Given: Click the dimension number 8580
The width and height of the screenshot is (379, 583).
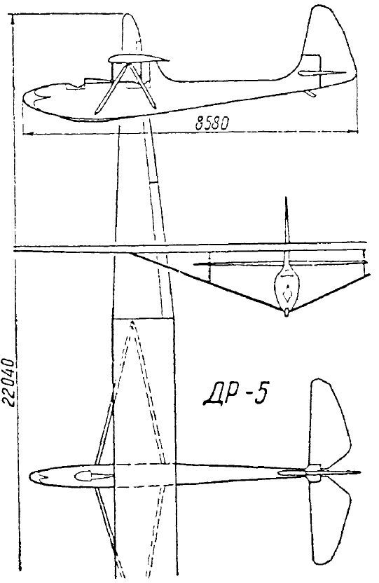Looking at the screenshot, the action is coord(212,123).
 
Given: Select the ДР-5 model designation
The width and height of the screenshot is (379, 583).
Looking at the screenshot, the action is coord(235,395).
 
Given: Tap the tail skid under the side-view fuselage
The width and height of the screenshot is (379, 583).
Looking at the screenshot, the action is coord(310,93).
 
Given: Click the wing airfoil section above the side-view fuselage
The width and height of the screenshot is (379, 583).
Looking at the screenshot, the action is coord(138,58).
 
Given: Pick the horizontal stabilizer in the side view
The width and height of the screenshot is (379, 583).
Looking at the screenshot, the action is coord(322,73).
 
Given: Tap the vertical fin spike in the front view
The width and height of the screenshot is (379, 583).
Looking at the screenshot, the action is coord(286,219).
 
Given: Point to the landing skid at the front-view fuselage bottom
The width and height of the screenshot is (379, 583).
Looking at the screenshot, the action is coord(286,313).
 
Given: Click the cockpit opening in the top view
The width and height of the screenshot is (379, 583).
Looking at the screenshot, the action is coord(89,475).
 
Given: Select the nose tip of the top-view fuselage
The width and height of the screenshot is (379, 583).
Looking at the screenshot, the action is coord(30,476).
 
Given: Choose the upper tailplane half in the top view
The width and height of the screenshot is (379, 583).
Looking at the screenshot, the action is coord(329,424).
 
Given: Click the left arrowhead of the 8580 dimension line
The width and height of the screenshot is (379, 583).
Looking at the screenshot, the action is coord(27,132).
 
